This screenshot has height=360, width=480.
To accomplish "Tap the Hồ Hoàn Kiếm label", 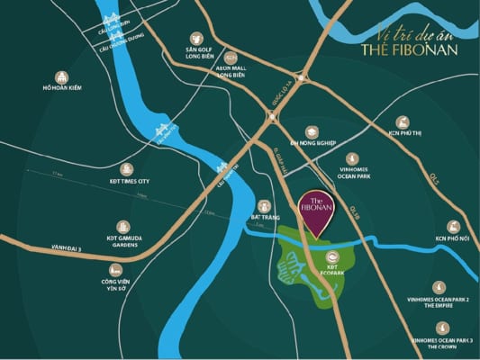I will [x=61, y=88].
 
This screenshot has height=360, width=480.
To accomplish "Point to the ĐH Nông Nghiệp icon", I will [x=312, y=131].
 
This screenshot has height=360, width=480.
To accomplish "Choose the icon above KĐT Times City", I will [x=126, y=168].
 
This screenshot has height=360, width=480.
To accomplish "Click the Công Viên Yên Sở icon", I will [x=115, y=269].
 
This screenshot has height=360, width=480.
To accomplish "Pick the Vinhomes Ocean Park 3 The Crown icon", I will [x=442, y=328].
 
